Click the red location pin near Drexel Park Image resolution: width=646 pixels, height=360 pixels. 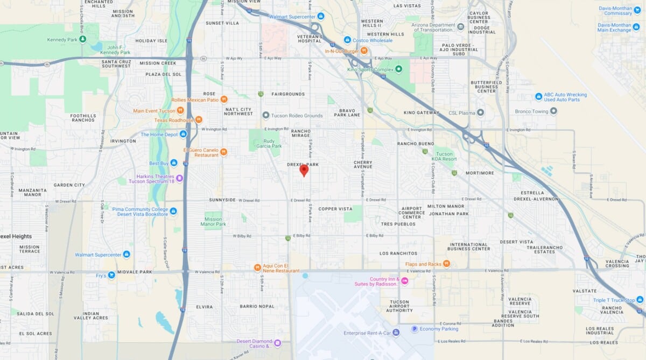click(304, 171)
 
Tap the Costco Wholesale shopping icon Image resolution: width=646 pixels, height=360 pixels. click(348, 40)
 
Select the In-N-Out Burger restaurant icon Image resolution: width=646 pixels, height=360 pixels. click(364, 51)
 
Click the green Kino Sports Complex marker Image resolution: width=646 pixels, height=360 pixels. click(398, 69)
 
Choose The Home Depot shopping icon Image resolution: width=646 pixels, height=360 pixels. click(183, 134)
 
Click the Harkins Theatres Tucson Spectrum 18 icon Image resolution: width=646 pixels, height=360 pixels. click(180, 178)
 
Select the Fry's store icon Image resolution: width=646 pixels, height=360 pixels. click(111, 275)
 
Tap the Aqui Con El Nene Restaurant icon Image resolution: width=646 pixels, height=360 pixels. click(257, 267)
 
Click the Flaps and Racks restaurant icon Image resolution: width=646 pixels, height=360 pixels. click(446, 264)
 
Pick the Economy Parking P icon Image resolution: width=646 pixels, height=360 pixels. click(415, 329)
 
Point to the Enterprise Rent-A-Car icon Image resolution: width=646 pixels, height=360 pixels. click(396, 333)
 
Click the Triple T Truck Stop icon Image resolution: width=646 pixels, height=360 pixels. click(640, 300)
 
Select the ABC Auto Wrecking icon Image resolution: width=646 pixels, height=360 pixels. click(538, 96)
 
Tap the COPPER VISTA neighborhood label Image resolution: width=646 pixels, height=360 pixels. click(335, 209)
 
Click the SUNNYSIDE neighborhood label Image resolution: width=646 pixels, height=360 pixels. click(222, 200)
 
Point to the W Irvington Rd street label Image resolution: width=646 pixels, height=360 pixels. click(215, 129)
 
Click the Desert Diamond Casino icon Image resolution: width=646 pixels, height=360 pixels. click(277, 342)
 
